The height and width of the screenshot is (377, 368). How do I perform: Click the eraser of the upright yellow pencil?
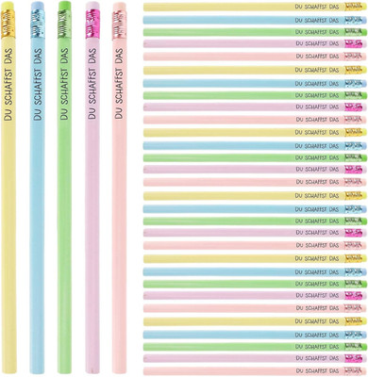[x=8, y=6]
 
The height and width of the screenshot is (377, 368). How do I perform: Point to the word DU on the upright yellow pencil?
[x=8, y=117]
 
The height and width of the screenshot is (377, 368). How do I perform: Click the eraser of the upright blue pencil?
[x=38, y=5]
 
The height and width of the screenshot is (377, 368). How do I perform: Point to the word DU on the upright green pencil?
[x=64, y=117]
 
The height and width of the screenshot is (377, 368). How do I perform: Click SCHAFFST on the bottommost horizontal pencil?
[x=316, y=370]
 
